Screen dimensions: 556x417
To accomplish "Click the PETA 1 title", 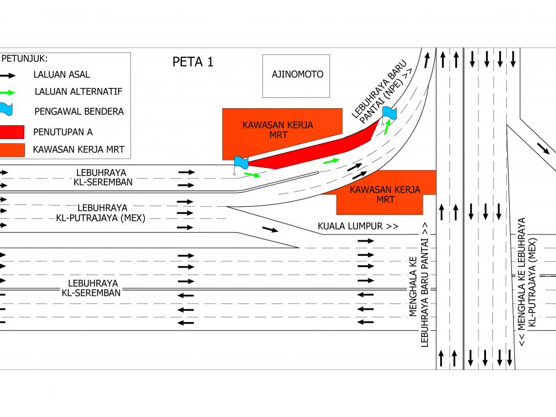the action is (193, 62).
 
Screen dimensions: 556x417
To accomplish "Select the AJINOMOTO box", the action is (296, 76).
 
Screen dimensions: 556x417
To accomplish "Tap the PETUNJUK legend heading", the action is (24, 58).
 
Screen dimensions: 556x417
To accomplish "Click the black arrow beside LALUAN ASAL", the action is (8, 75).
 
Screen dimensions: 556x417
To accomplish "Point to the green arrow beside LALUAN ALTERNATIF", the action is (8, 93).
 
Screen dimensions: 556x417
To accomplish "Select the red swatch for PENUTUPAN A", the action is (12, 131).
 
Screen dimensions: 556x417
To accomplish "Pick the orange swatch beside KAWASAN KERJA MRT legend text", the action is (12, 149).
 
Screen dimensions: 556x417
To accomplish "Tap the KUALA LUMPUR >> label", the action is (358, 226).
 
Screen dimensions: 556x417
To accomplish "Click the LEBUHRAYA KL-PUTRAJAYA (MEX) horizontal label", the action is (101, 213).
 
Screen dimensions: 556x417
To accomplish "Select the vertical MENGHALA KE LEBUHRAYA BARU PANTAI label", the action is (419, 285).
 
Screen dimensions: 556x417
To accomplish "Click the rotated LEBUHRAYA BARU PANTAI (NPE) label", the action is (382, 92).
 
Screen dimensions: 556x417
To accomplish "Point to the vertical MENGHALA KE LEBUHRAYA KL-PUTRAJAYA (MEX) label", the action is (527, 282).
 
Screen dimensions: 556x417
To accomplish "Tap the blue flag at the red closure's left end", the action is (241, 163).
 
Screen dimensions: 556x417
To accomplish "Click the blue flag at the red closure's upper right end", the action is (389, 114).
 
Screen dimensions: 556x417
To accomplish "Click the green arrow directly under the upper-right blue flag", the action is (387, 127).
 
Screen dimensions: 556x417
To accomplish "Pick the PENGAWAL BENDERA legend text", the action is (79, 112).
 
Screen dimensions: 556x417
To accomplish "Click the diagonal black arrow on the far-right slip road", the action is (543, 148).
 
